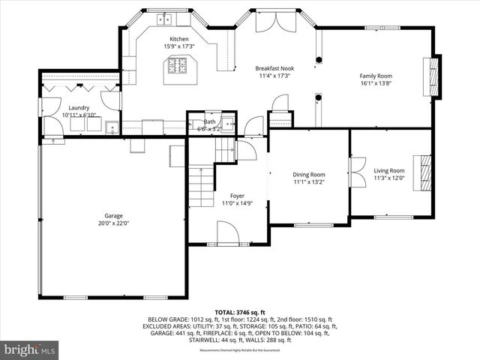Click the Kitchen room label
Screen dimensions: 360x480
[x=178, y=39]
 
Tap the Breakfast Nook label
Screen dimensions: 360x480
[x=274, y=68]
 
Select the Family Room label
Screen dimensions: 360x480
[x=376, y=76]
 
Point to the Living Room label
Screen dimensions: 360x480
[x=389, y=170]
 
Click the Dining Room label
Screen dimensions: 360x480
[x=308, y=174]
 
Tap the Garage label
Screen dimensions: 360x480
[x=113, y=214]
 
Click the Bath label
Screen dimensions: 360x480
[x=209, y=121]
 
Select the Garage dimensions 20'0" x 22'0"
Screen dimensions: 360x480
[x=113, y=223]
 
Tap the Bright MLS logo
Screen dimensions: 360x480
[x=31, y=349]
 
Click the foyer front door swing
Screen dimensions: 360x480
[x=228, y=234]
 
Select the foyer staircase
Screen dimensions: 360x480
[x=201, y=187]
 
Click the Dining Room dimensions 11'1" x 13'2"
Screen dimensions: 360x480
[x=308, y=182]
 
